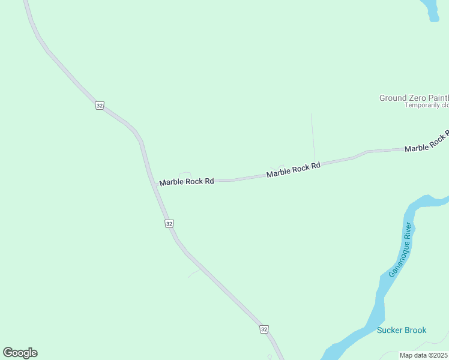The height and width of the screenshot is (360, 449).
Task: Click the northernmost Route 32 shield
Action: (100, 106)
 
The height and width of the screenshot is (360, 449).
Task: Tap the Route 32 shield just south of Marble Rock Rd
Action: (169, 223)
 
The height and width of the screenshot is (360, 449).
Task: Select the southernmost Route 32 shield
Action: (264, 329)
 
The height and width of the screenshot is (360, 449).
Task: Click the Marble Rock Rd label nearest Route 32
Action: (187, 181)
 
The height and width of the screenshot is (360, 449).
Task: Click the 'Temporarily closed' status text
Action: (427, 105)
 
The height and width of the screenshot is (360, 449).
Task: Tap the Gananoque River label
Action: (400, 249)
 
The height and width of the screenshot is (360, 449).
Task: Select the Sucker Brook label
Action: (402, 330)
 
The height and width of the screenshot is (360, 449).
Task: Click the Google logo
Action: (20, 353)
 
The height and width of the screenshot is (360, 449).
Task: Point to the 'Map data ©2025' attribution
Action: (424, 355)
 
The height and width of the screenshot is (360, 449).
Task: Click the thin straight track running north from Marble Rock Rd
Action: (312, 135)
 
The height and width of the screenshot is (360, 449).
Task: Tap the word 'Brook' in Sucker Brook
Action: (415, 330)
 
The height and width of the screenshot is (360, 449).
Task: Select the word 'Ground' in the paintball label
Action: (393, 98)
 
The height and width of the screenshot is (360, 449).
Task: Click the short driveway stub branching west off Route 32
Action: (194, 274)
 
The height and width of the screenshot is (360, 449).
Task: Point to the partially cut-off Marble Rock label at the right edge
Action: (427, 144)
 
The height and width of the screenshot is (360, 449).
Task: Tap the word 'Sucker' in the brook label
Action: (389, 330)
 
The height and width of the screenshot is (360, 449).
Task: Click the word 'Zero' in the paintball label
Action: (418, 98)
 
